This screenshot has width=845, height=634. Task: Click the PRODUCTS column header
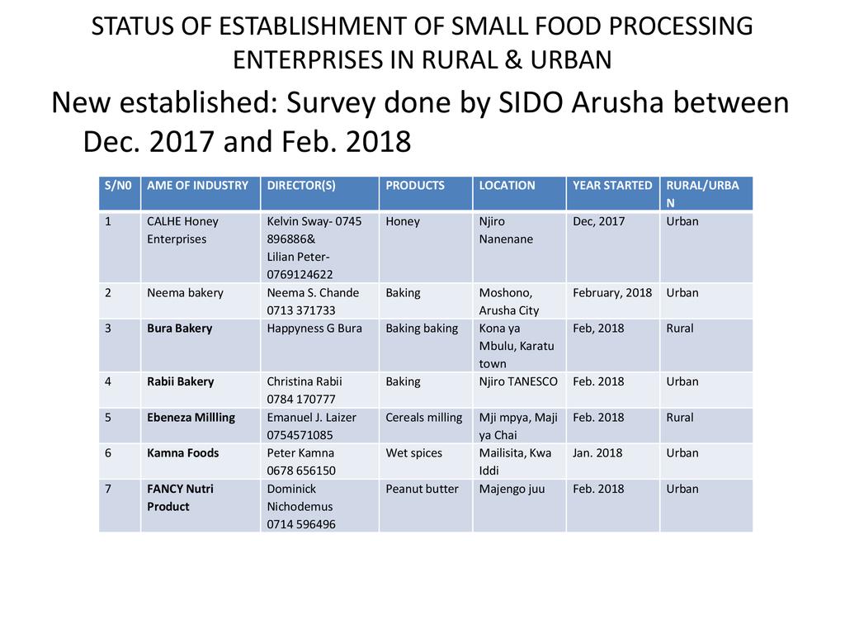pyautogui.click(x=415, y=186)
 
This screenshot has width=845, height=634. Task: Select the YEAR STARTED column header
pyautogui.click(x=612, y=186)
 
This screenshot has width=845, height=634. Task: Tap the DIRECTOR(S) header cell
pyautogui.click(x=301, y=186)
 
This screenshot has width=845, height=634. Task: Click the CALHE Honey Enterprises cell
pyautogui.click(x=182, y=230)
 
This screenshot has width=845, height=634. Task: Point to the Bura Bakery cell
pyautogui.click(x=179, y=329)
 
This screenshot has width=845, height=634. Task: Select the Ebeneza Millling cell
pyautogui.click(x=191, y=418)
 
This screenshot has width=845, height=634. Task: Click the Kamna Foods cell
pyautogui.click(x=183, y=453)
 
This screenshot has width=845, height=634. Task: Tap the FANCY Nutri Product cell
pyautogui.click(x=180, y=498)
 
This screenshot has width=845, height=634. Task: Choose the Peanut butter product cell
pyautogui.click(x=422, y=489)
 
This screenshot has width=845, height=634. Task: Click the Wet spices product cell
pyautogui.click(x=413, y=453)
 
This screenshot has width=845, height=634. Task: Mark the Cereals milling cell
pyautogui.click(x=423, y=418)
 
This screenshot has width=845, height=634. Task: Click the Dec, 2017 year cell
pyautogui.click(x=599, y=221)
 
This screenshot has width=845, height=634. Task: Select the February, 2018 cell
pyautogui.click(x=612, y=293)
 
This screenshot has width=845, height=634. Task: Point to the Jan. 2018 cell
pyautogui.click(x=597, y=453)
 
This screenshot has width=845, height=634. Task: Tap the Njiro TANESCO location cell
pyautogui.click(x=518, y=381)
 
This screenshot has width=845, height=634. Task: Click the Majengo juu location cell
pyautogui.click(x=512, y=489)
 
